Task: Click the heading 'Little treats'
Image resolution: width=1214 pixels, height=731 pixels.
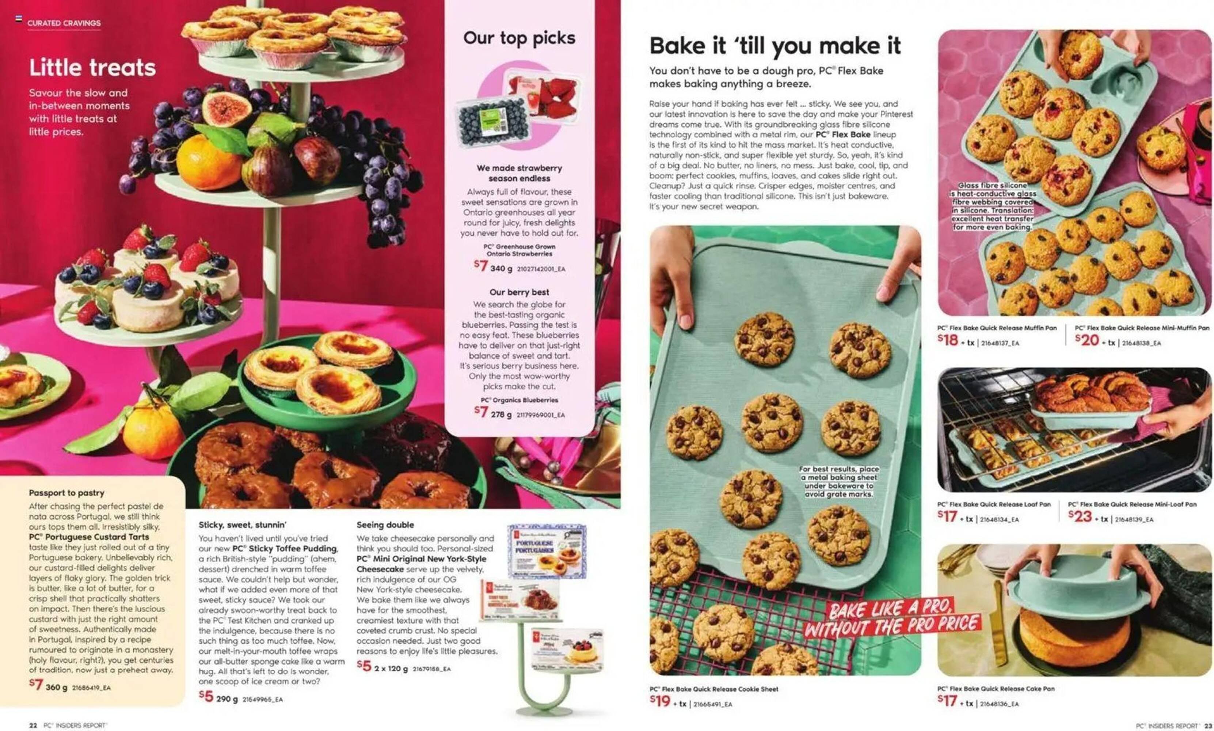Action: point(92,68)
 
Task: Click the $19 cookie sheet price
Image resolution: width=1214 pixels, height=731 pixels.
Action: point(660,701)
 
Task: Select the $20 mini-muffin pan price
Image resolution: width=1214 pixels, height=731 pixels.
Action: point(1086,340)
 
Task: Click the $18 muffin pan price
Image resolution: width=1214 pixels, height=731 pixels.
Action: point(948,340)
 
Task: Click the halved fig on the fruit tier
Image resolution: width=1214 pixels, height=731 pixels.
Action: point(220,109)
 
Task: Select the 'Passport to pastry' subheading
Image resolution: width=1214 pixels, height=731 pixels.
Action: point(66,493)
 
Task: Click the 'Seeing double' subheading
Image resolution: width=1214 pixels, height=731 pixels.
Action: point(385,524)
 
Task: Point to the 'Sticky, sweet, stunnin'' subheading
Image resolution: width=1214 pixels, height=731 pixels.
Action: point(242,524)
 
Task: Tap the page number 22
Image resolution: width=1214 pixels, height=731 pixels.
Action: point(33,725)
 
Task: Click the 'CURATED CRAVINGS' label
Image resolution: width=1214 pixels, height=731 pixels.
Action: point(64,23)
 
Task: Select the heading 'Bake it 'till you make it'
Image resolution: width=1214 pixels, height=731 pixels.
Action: point(775,46)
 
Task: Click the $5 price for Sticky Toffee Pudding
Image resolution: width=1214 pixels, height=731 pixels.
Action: point(206,697)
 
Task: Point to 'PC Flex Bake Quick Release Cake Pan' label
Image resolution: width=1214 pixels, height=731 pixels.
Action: point(996,689)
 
